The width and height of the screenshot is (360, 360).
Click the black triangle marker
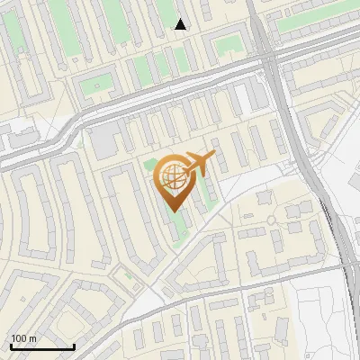(x=181, y=24)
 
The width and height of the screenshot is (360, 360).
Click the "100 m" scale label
(x=23, y=338)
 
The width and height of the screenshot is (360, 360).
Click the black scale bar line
(x=42, y=346)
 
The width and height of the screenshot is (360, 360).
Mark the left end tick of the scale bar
(x=11, y=345)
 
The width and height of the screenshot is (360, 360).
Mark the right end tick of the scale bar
(x=74, y=345)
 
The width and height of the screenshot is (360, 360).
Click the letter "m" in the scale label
(x=32, y=338)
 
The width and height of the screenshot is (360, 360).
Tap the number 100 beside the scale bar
(x=19, y=338)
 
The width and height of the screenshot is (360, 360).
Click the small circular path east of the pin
(x=270, y=220)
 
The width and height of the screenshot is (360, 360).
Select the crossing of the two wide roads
(x=268, y=56)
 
